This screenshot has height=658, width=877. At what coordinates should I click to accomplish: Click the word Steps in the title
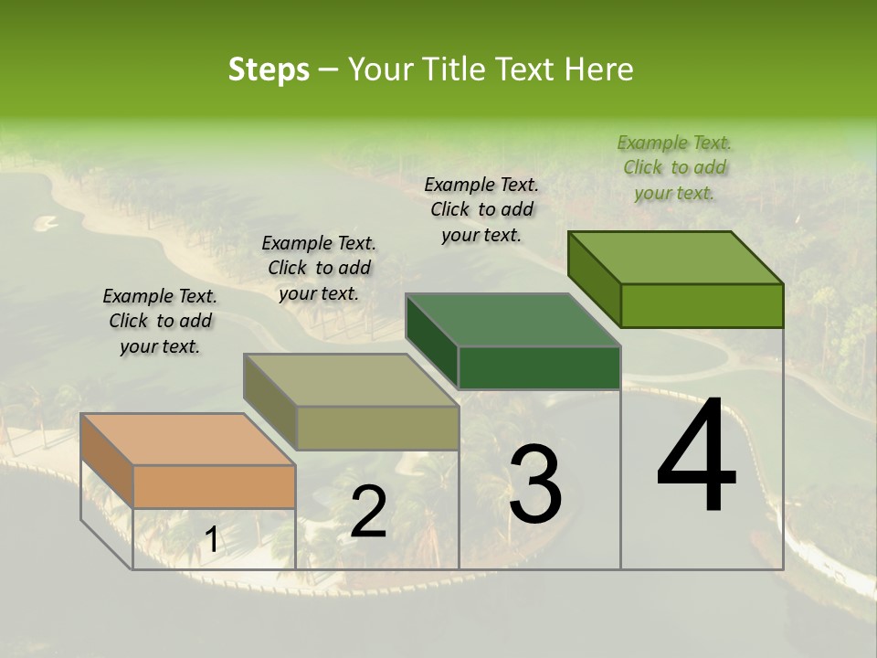coord(269,69)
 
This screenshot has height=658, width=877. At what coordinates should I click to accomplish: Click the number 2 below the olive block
coord(368,512)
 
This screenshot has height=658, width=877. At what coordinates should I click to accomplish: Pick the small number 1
coord(211,540)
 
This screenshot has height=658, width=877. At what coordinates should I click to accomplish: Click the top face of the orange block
coord(188,440)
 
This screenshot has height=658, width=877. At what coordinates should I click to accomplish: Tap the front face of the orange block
coord(215,486)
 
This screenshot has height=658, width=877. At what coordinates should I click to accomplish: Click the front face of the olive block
coord(377,428)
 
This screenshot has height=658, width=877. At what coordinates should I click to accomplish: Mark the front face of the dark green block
coord(539,367)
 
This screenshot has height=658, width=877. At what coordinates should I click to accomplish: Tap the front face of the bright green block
coord(702,305)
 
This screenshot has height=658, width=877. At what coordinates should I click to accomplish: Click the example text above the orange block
coord(160,321)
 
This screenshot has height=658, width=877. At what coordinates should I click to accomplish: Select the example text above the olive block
coord(319,268)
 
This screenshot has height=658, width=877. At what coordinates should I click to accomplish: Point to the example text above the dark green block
coord(481,209)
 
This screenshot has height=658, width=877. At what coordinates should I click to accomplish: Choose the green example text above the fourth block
coord(674,167)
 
